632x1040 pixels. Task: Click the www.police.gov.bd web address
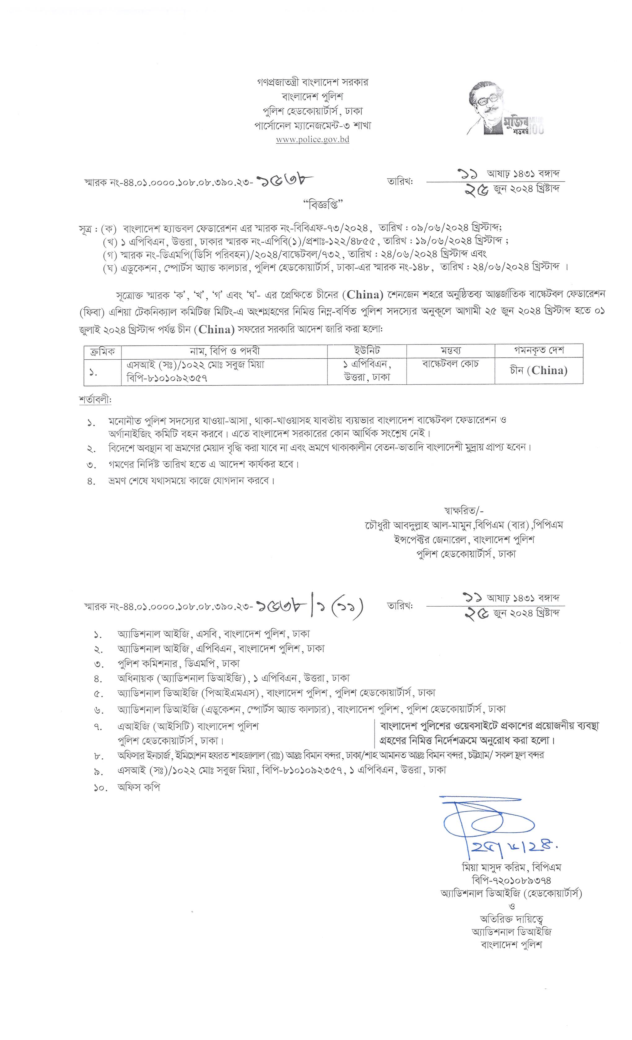(x=312, y=140)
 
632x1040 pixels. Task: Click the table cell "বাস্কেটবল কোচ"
(x=450, y=364)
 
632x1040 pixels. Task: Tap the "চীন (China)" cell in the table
(x=539, y=370)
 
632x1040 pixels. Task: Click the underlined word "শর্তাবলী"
(x=95, y=399)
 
